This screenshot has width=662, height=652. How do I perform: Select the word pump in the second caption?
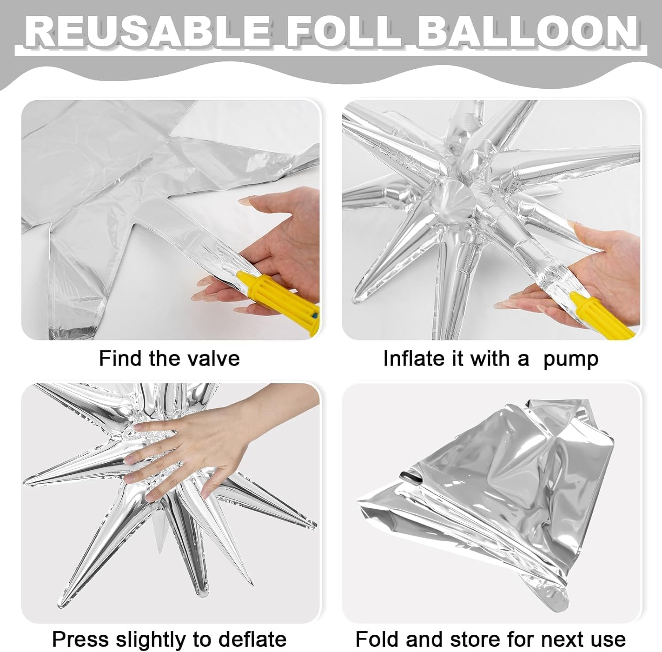(571, 360)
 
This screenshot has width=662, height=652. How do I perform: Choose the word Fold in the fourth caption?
(377, 638)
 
